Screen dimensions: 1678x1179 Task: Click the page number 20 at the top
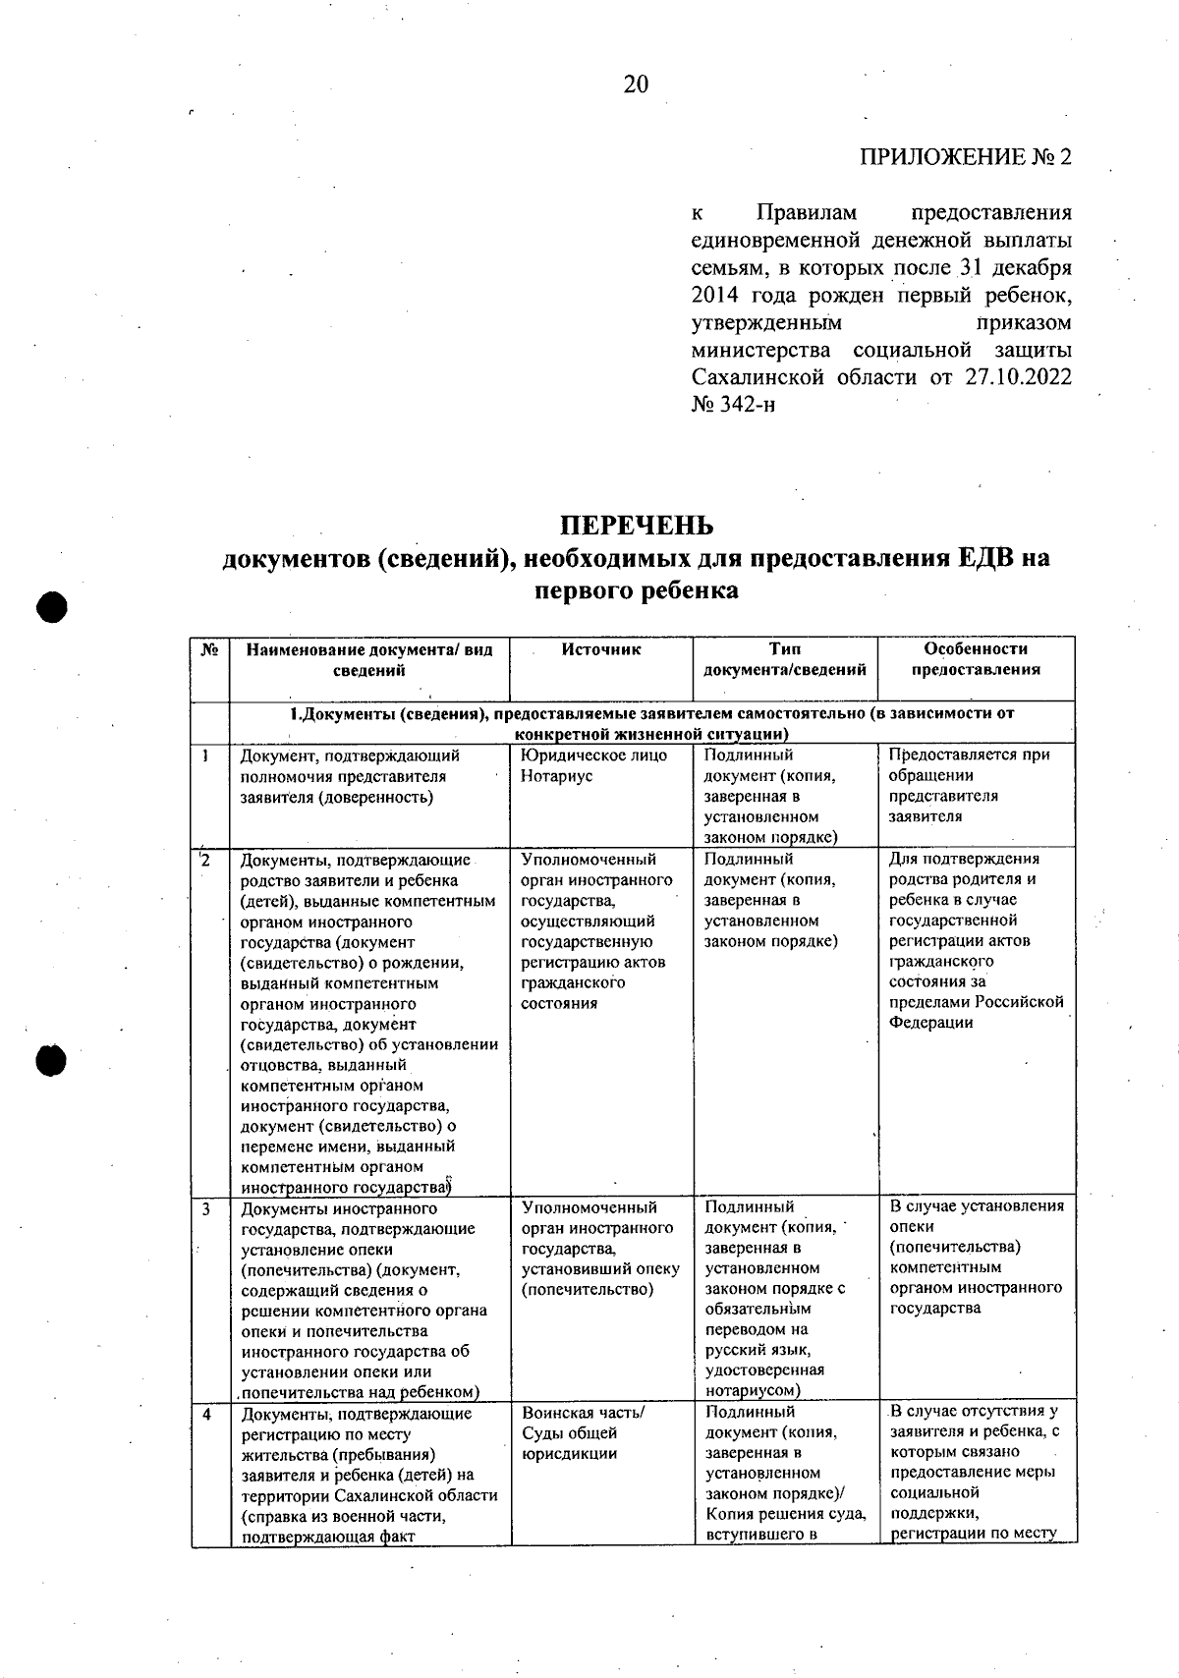click(636, 84)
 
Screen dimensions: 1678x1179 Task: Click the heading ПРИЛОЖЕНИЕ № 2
click(965, 158)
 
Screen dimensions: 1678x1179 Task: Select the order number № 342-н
click(733, 405)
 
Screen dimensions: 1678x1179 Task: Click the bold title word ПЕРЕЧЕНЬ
click(637, 526)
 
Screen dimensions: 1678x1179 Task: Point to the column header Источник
click(601, 649)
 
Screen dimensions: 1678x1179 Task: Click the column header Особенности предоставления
click(976, 659)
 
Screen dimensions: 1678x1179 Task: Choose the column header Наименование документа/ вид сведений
click(369, 660)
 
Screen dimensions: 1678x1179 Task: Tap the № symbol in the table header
click(209, 649)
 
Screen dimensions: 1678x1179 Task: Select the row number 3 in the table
click(207, 1208)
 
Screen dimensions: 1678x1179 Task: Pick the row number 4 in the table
click(207, 1415)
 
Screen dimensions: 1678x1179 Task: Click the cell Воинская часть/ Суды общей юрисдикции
click(583, 1433)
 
